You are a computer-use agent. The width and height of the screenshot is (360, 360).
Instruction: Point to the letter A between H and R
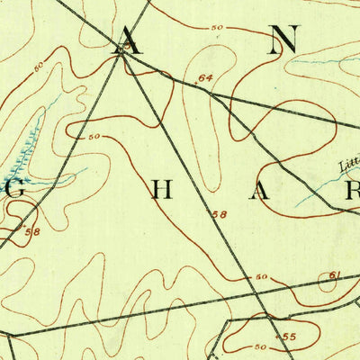(259, 191)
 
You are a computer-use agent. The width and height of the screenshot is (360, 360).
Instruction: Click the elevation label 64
(205, 79)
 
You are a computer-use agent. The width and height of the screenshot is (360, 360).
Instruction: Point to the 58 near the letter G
(33, 232)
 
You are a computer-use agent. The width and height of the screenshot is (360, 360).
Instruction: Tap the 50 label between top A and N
(216, 28)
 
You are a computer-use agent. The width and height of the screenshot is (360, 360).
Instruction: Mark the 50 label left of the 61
(262, 277)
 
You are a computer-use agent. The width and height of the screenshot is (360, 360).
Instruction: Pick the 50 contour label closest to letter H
(94, 137)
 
